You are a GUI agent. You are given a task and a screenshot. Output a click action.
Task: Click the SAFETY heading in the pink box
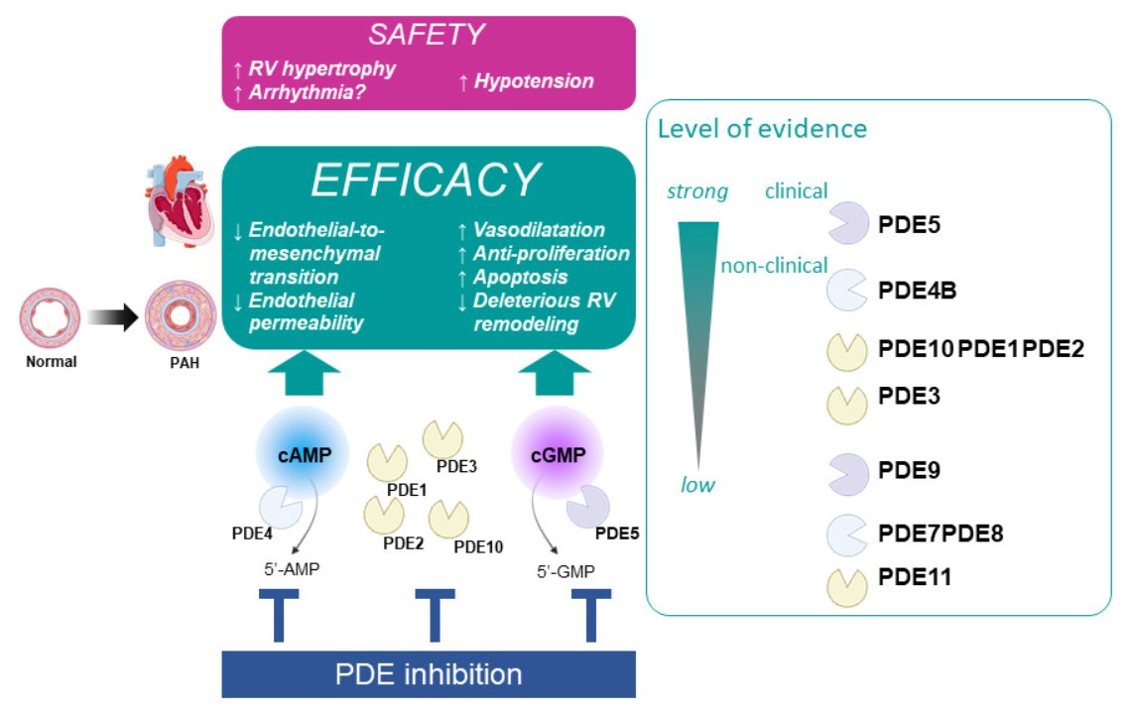point(427,35)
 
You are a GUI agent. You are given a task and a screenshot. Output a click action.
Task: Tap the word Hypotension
point(534,81)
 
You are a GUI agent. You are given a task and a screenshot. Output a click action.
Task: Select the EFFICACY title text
point(427,180)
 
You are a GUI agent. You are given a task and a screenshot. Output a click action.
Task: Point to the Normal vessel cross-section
point(49,317)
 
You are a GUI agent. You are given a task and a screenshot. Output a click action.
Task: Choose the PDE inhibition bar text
point(428,675)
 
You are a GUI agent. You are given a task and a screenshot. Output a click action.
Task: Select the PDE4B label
point(917,291)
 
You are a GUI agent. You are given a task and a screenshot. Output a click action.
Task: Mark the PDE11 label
point(915,576)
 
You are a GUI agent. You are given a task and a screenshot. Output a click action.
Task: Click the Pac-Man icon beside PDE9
point(846,473)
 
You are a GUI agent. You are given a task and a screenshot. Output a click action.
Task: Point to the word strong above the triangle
point(697,190)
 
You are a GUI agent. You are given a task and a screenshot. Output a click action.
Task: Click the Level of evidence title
point(762,129)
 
